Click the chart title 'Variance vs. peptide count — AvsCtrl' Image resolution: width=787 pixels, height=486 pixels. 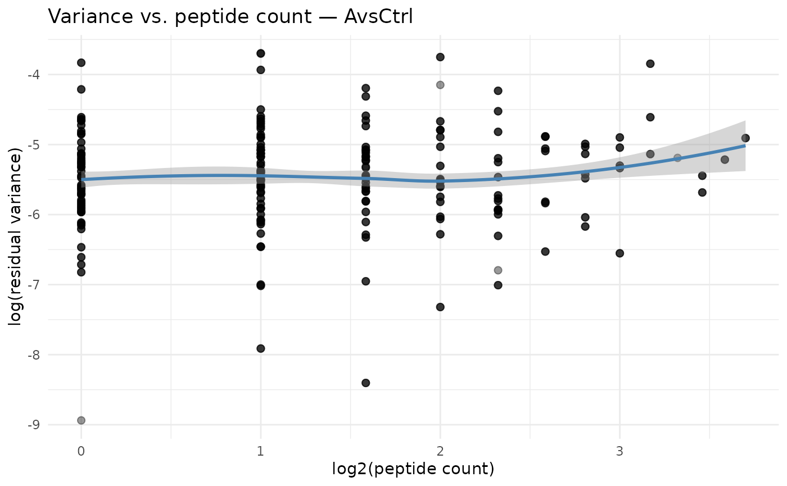(230, 17)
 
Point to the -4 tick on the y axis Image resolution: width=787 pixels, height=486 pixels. (34, 75)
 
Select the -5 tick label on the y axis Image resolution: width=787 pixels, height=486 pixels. (34, 145)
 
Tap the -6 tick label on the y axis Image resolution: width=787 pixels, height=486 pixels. (34, 215)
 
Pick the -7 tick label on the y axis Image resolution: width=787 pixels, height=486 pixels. (34, 285)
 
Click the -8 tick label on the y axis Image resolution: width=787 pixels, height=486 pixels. (34, 355)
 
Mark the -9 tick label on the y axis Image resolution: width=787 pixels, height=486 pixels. (34, 425)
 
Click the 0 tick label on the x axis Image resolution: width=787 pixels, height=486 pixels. (81, 451)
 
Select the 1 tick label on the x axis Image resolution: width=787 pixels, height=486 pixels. (260, 451)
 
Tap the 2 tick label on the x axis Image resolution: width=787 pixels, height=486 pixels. (440, 451)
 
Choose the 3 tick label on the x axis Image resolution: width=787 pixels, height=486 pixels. (619, 451)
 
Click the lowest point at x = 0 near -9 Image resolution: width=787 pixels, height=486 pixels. (81, 420)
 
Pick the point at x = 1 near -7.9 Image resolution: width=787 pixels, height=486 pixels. (260, 348)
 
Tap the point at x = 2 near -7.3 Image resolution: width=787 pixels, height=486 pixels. (440, 307)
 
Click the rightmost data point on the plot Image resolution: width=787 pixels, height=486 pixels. (745, 138)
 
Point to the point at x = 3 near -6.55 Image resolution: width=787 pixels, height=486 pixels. (619, 253)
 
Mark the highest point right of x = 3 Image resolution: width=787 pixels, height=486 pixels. (650, 63)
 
